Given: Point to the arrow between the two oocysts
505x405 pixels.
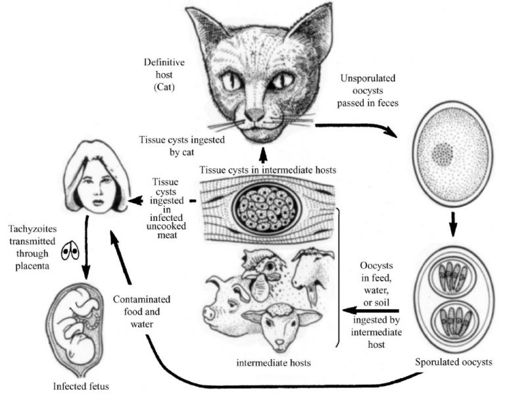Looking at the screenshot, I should pos(453,224).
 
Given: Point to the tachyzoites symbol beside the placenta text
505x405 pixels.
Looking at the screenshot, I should pos(69,250).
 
